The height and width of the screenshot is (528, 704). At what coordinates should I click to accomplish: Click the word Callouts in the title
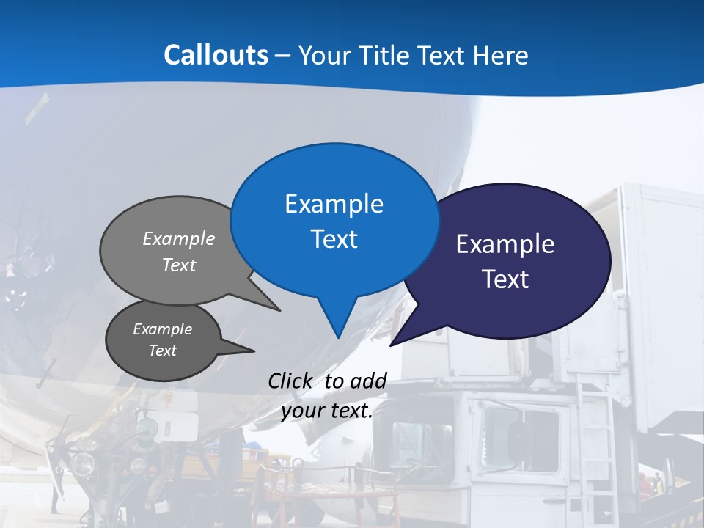(x=216, y=55)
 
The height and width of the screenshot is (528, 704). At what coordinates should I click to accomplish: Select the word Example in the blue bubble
(x=334, y=204)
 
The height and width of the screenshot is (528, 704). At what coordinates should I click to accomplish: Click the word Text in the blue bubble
(x=334, y=239)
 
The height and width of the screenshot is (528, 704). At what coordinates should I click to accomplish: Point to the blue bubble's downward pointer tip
(x=338, y=337)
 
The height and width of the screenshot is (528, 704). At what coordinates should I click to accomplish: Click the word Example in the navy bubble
(x=505, y=244)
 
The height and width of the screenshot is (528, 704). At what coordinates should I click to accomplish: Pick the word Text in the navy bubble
(x=505, y=279)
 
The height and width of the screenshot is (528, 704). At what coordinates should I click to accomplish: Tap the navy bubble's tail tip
(x=391, y=345)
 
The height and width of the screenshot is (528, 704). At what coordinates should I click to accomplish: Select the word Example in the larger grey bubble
(x=179, y=239)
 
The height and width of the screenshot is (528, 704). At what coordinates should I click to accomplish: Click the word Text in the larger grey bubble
(x=179, y=265)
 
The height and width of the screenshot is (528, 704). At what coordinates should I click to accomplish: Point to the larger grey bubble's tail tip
(x=280, y=310)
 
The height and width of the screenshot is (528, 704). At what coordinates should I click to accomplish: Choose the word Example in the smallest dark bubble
(x=162, y=329)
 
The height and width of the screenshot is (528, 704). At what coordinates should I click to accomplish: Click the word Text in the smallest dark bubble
(x=162, y=351)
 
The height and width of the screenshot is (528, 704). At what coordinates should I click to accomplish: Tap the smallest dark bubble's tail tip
(x=254, y=351)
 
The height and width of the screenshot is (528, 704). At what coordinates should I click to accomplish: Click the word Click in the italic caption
(x=289, y=381)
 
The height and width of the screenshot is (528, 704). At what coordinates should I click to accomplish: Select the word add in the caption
(x=367, y=381)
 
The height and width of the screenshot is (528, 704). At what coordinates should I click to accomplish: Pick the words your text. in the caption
(x=326, y=411)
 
